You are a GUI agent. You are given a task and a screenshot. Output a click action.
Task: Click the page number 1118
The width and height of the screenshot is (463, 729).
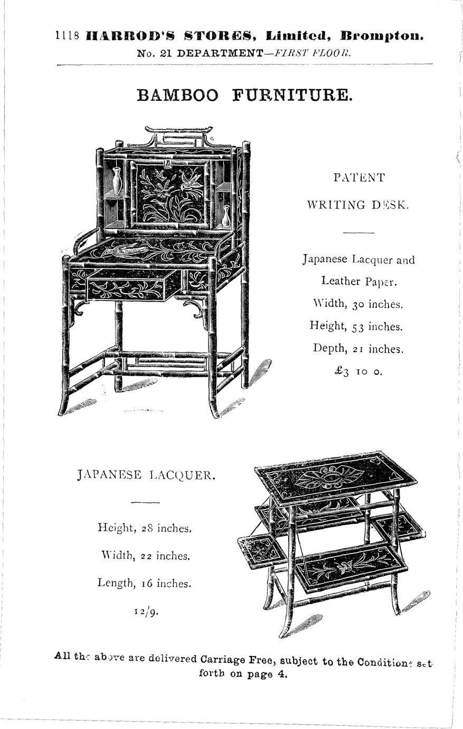click(67, 36)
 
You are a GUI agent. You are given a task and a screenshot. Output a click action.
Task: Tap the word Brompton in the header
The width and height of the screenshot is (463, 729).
click(382, 36)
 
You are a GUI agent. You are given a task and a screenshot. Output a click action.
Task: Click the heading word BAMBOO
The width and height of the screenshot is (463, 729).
click(177, 95)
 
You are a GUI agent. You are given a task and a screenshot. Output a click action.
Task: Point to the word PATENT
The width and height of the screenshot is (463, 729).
click(358, 177)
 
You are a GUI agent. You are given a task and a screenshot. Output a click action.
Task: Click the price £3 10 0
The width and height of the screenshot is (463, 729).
click(357, 371)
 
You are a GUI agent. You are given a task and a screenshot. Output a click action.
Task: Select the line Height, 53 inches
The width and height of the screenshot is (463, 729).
click(356, 326)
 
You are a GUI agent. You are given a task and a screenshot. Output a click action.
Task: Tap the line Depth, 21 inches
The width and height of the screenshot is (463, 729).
click(358, 349)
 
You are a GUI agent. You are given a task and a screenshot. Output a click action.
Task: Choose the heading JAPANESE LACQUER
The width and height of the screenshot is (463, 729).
click(146, 475)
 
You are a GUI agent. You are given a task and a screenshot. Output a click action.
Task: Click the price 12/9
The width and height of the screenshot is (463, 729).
click(145, 612)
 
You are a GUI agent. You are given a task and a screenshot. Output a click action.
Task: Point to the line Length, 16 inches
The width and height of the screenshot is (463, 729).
click(144, 583)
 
